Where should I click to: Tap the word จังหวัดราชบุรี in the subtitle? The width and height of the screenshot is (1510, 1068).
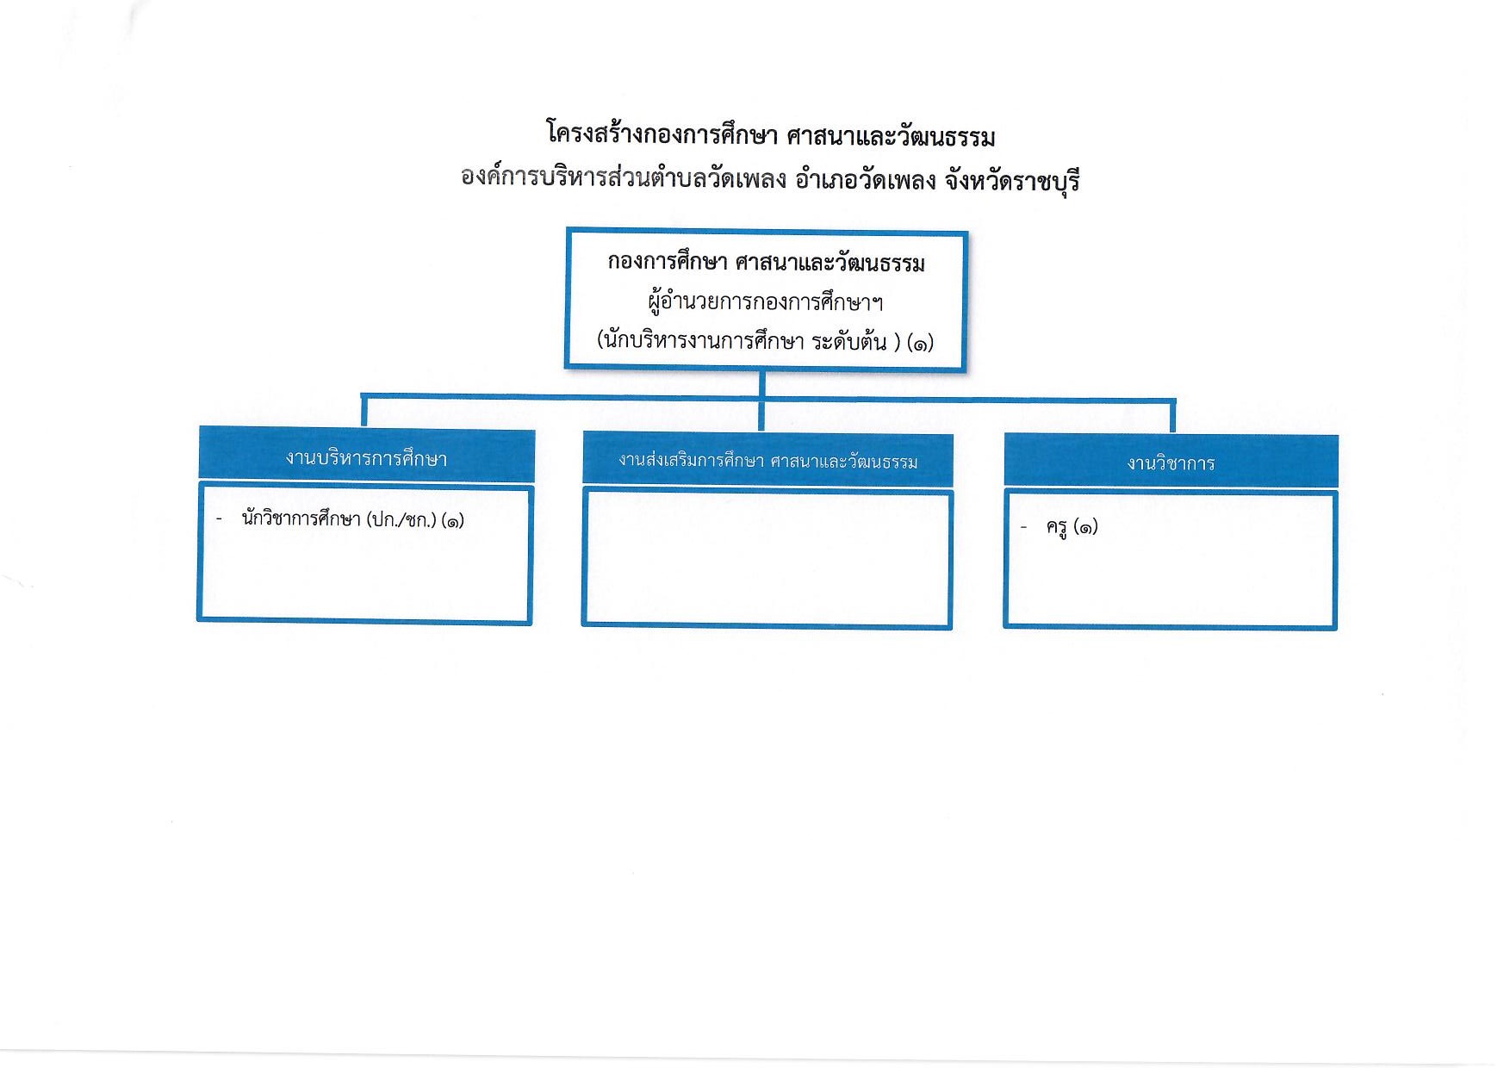click(1011, 182)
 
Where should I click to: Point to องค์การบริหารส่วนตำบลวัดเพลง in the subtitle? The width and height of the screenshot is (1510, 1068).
click(624, 180)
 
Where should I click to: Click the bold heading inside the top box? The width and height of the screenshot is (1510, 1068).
click(766, 263)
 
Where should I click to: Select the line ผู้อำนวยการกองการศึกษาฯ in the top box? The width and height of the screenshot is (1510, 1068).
click(766, 302)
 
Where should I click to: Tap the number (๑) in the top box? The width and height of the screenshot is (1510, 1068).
click(920, 342)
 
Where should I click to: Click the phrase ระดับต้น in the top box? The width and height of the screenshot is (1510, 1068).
click(849, 341)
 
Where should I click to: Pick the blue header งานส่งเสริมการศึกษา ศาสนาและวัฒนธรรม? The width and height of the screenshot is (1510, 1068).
click(767, 461)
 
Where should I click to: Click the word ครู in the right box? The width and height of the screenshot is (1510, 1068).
click(1057, 527)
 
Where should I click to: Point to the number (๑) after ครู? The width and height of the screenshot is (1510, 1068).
click(1085, 527)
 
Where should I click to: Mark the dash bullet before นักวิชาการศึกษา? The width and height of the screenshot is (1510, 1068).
click(220, 519)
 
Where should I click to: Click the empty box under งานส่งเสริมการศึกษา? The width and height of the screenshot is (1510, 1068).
click(767, 559)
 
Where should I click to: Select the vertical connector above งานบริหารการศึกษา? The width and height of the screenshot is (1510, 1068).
click(364, 412)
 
